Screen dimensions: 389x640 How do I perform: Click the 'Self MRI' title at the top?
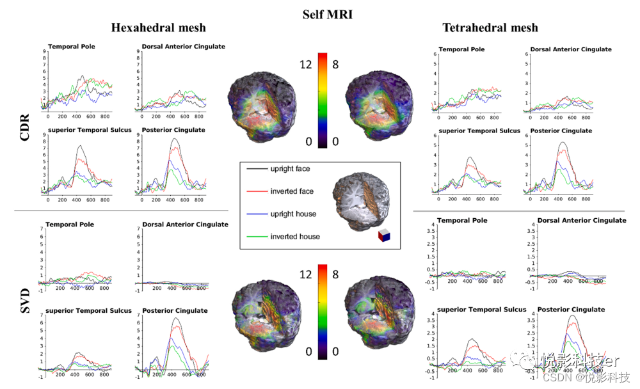[x=327, y=13]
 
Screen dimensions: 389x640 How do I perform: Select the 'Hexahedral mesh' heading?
[x=158, y=28]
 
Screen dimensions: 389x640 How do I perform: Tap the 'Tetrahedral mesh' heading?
[x=490, y=28]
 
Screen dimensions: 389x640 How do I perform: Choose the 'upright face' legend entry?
[x=290, y=169]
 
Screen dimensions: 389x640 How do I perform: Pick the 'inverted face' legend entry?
[x=291, y=191]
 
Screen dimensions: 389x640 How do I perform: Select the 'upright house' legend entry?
[x=293, y=214]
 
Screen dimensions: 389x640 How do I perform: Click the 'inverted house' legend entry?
[x=294, y=236]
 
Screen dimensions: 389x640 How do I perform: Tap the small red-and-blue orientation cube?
[x=384, y=236]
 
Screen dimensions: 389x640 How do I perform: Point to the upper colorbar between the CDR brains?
[x=323, y=100]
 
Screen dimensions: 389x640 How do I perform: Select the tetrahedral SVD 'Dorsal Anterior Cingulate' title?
[x=582, y=221]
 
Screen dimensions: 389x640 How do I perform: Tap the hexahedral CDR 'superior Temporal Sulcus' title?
[x=90, y=130]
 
